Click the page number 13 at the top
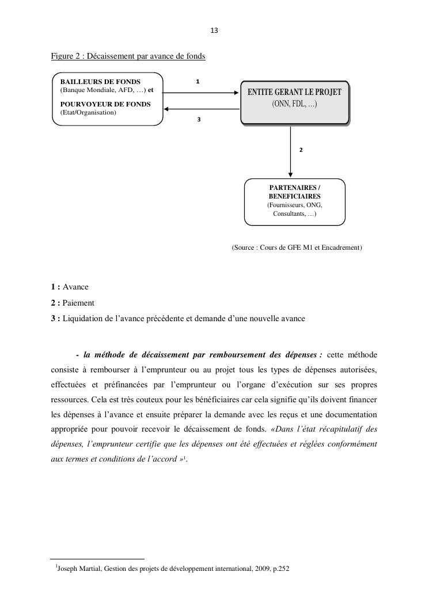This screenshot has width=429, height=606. (x=214, y=31)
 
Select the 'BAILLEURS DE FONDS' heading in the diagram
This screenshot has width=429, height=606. (x=100, y=82)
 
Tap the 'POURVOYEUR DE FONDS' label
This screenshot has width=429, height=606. (x=105, y=104)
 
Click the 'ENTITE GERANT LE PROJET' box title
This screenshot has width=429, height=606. (x=294, y=92)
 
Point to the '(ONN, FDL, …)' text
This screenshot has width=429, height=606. (x=294, y=104)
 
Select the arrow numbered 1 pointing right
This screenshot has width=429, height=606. (x=202, y=92)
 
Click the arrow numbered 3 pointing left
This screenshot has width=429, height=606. (x=202, y=108)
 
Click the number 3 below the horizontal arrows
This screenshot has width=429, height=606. (x=199, y=120)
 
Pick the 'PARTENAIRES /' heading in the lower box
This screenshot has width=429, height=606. (x=294, y=188)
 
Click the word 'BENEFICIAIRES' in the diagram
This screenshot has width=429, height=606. (x=294, y=196)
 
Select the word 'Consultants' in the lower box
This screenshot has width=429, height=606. (x=288, y=214)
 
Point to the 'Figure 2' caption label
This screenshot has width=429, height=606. (x=65, y=56)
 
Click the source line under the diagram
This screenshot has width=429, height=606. (x=297, y=247)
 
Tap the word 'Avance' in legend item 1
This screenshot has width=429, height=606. (x=75, y=287)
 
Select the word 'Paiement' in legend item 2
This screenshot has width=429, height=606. (x=78, y=303)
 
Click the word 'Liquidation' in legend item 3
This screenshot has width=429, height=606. (x=82, y=318)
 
